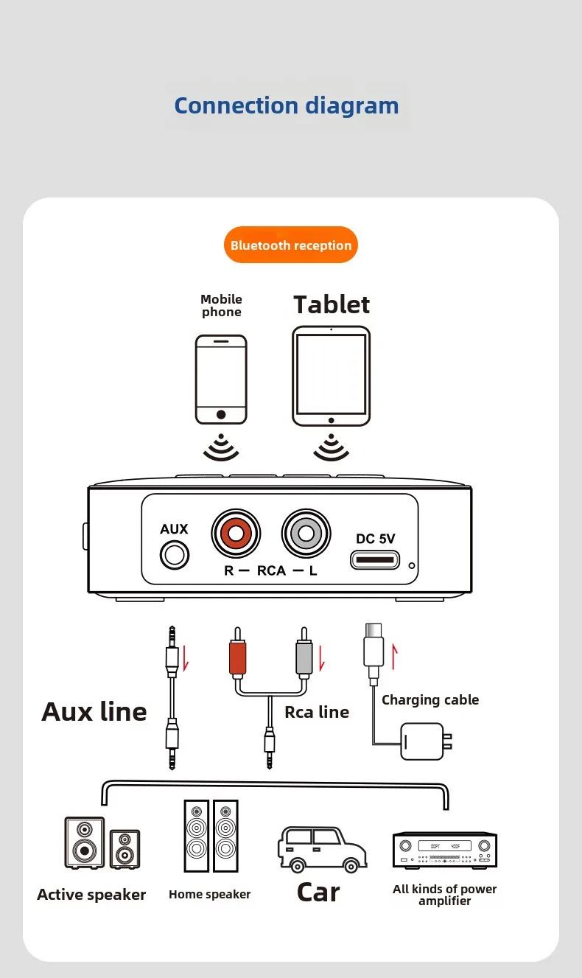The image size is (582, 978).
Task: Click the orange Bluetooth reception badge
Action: [x=290, y=245]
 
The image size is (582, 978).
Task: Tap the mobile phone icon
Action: [x=221, y=380]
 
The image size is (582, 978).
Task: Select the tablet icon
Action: [x=331, y=377]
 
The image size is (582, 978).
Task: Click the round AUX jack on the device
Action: [x=175, y=553]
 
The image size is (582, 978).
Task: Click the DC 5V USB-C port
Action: [x=375, y=560]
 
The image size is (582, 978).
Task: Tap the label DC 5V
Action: [x=376, y=539]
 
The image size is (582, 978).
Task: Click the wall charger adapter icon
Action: [x=424, y=741]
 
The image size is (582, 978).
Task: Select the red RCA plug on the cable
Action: [x=236, y=659]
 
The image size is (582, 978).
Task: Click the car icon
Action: [x=321, y=848]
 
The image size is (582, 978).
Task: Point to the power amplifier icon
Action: [x=444, y=849]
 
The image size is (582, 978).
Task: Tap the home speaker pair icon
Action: [x=211, y=837]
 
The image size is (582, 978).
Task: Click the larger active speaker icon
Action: [x=84, y=842]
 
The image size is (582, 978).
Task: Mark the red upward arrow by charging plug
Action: [x=394, y=656]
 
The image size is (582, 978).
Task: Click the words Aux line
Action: [x=94, y=712]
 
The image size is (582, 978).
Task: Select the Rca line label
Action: [x=317, y=712]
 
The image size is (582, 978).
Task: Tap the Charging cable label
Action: [x=430, y=700]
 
